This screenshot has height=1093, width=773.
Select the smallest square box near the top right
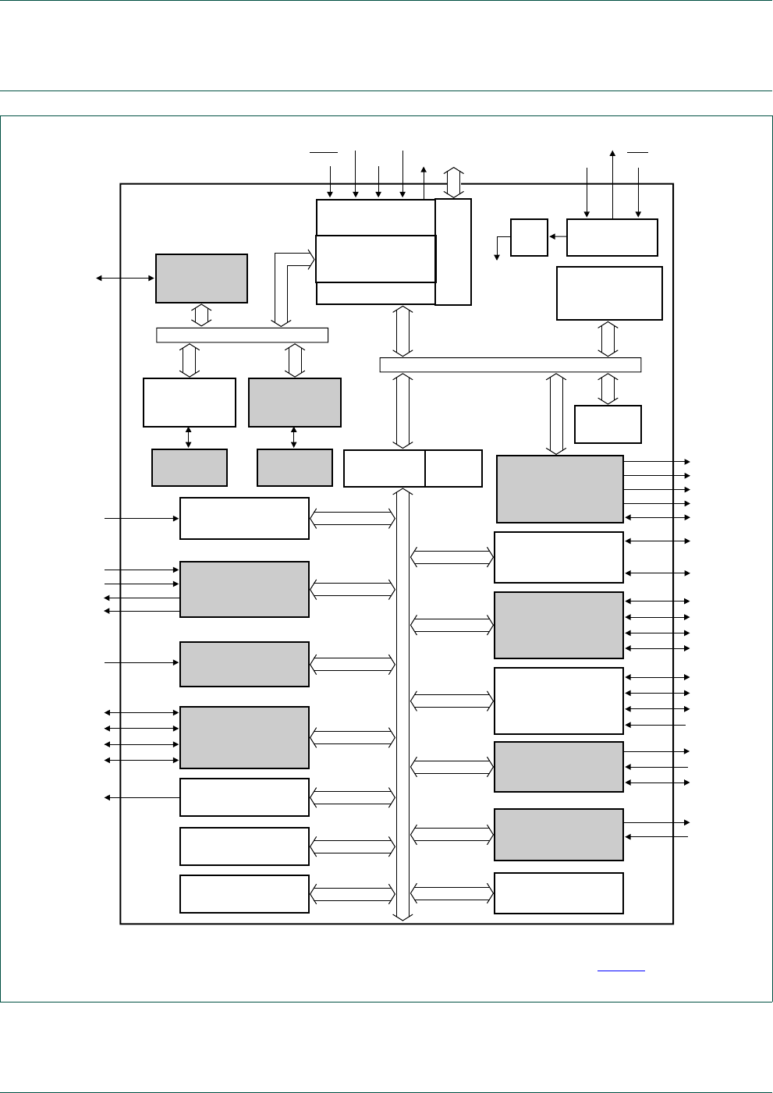point(529,237)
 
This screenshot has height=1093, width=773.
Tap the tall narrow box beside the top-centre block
point(453,252)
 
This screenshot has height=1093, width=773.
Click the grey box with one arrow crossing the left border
point(201,279)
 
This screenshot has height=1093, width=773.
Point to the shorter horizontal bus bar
point(242,335)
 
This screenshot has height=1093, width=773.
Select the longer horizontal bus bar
point(510,364)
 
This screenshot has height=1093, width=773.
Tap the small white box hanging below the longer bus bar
point(608,424)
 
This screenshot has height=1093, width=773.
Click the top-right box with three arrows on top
point(612,237)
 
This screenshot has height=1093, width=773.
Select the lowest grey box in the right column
point(558,834)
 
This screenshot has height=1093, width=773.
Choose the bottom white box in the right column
point(558,892)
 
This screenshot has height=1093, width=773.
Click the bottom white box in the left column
point(244,894)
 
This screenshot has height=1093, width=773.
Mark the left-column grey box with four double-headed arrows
point(244,737)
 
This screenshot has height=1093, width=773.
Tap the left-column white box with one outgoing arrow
point(244,797)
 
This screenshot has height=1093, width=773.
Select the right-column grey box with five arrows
point(559,489)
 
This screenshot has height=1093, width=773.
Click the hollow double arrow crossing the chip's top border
point(454,182)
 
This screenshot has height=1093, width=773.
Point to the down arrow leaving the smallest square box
point(497,250)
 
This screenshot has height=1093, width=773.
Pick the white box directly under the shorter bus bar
point(190,403)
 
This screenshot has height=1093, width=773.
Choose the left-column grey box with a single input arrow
point(244,664)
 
